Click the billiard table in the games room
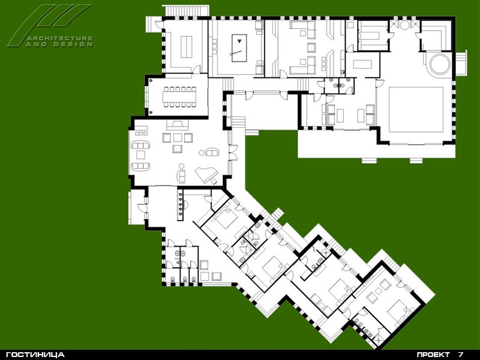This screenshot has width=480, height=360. (239, 48)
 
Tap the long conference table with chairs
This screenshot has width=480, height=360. (179, 97)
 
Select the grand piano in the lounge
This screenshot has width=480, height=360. (206, 175)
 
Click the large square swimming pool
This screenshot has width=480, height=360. (416, 110)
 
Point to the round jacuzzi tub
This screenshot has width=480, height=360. (440, 64)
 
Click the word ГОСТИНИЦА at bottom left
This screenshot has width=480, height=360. (35, 355)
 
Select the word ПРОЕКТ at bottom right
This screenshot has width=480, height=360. (433, 355)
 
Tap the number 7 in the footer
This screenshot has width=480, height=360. (461, 355)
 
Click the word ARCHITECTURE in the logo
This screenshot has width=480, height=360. (59, 38)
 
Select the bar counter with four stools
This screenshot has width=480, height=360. (180, 205)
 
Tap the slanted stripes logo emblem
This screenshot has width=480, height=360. (49, 25)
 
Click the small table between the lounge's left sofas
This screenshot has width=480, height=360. (140, 155)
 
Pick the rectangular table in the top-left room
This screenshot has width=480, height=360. (186, 47)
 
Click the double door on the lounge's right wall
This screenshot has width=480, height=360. (233, 152)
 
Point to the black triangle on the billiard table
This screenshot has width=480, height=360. (239, 40)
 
